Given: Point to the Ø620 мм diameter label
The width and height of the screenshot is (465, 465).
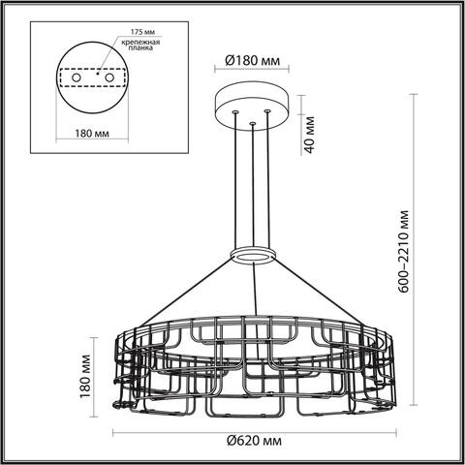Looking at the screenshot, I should coord(254,442).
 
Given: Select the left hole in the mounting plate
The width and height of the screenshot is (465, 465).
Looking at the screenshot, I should coord(75,77).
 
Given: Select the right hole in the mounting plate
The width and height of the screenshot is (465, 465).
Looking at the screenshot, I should coord(109,77).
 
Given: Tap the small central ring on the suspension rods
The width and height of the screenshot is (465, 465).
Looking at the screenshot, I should coord(253,254).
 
